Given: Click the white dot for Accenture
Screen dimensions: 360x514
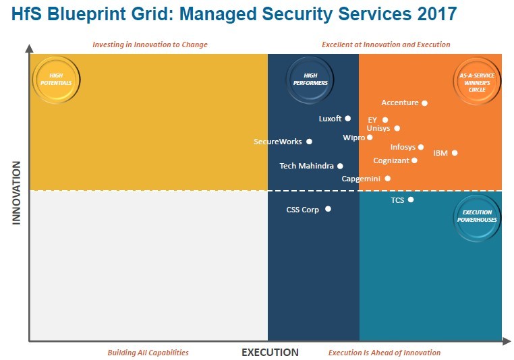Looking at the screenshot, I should pyautogui.click(x=424, y=103).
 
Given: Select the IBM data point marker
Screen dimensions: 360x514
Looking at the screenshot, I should pyautogui.click(x=455, y=153).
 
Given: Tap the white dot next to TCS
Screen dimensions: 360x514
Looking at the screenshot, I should pyautogui.click(x=411, y=200).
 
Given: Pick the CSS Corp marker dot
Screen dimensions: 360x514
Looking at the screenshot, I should pyautogui.click(x=328, y=209).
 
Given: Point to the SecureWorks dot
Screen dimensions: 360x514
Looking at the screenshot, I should pyautogui.click(x=309, y=142).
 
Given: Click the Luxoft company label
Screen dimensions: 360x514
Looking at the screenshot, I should pyautogui.click(x=330, y=119).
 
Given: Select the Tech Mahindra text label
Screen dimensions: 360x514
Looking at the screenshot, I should pyautogui.click(x=306, y=166).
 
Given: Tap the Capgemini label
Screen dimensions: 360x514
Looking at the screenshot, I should pyautogui.click(x=361, y=179).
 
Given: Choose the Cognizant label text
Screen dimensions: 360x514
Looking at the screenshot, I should pyautogui.click(x=391, y=160).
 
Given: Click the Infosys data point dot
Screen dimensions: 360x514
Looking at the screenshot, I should pyautogui.click(x=421, y=147).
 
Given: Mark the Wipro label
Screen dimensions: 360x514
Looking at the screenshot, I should pyautogui.click(x=353, y=138).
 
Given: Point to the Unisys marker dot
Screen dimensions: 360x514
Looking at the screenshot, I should pyautogui.click(x=397, y=128).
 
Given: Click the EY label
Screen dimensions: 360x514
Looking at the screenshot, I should pyautogui.click(x=372, y=120).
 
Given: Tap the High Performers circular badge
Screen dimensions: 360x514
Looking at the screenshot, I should pyautogui.click(x=310, y=79).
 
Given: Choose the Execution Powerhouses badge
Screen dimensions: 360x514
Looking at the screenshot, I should pyautogui.click(x=477, y=216).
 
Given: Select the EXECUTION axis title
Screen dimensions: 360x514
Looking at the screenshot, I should pyautogui.click(x=270, y=352).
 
